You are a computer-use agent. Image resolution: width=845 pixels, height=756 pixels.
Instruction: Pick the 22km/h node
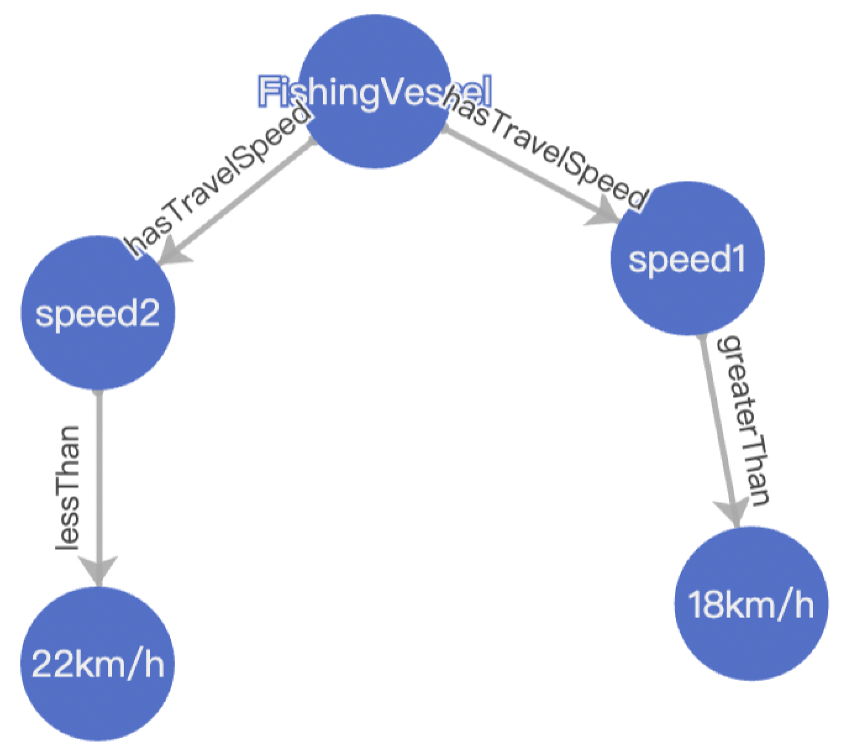tap(98, 664)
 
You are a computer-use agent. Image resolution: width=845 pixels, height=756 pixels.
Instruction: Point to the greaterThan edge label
tap(742, 420)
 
